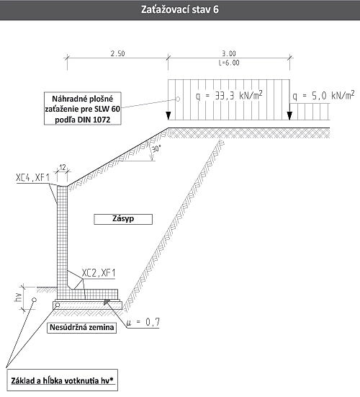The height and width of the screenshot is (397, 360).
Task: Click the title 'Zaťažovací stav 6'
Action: [x=179, y=9]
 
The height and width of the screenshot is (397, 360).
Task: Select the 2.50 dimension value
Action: [x=117, y=53]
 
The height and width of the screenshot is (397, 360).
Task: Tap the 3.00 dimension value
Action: [x=229, y=53]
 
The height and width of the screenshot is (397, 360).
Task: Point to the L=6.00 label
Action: [x=229, y=63]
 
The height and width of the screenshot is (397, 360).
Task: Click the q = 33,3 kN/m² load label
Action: [x=229, y=95]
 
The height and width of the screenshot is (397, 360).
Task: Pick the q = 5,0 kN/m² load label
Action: [x=323, y=95]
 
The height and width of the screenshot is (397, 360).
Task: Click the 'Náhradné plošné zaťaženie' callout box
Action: [x=83, y=108]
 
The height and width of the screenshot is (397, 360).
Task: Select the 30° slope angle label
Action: [x=156, y=148]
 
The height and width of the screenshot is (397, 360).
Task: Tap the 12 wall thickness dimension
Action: [x=63, y=167]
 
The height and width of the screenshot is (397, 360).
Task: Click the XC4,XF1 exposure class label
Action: [x=32, y=178]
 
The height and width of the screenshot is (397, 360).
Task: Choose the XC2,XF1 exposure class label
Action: [x=99, y=273]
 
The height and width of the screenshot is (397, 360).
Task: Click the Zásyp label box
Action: [x=123, y=219]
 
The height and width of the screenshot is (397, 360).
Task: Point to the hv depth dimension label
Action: [x=18, y=298]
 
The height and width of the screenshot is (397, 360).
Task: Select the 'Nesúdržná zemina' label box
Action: [x=81, y=328]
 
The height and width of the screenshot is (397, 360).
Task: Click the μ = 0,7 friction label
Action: [x=143, y=322]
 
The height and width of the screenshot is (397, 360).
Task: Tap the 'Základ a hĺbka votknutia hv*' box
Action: [x=62, y=380]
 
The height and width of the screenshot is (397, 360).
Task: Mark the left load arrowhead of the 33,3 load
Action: [x=168, y=116]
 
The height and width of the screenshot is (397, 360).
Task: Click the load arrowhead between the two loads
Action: [x=289, y=116]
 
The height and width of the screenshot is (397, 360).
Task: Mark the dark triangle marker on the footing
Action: [x=107, y=301]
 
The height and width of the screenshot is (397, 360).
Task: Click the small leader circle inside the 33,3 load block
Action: [x=178, y=99]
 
